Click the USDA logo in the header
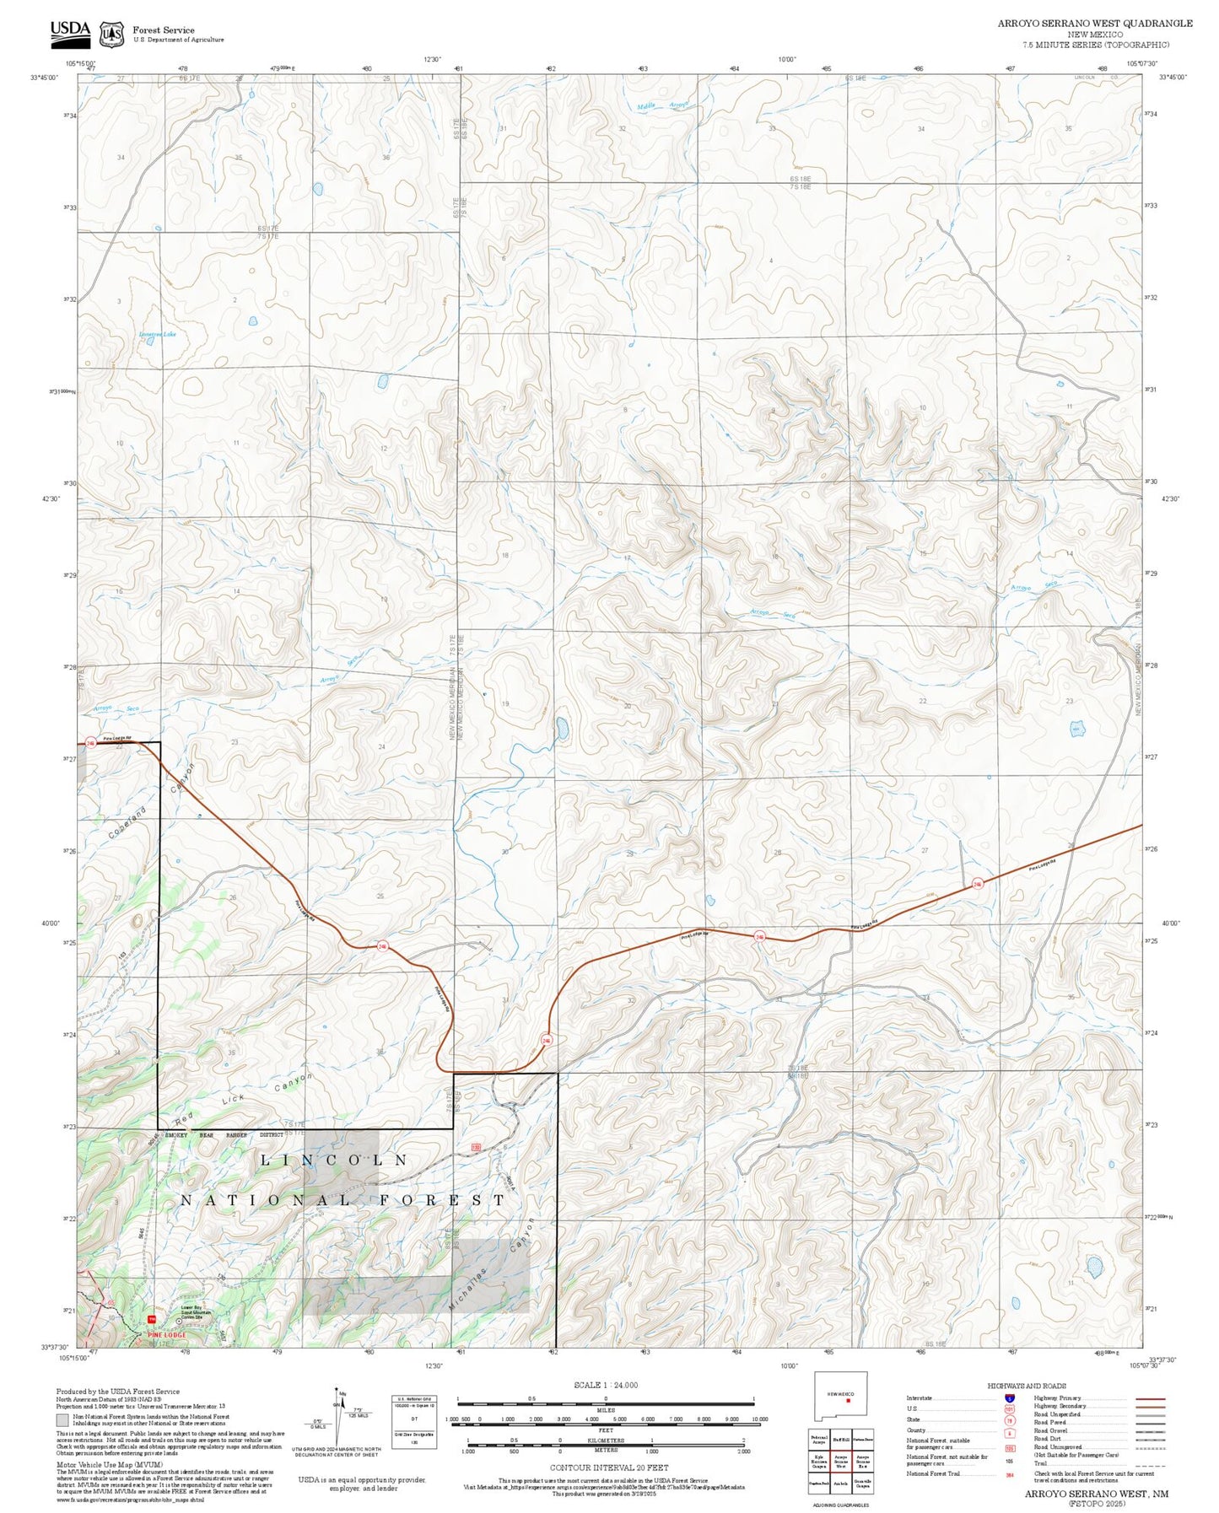coord(70,32)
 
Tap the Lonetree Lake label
coord(158,335)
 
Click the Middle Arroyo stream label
coord(662,106)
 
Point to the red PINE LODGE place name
coord(166,1335)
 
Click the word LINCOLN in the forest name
coord(334,1160)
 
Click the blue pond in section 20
coord(562,728)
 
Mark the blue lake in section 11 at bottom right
coord(1094,1266)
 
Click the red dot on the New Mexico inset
coord(848,1401)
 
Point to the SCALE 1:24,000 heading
coord(605,1385)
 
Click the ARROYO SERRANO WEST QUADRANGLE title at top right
coord(1094,24)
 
